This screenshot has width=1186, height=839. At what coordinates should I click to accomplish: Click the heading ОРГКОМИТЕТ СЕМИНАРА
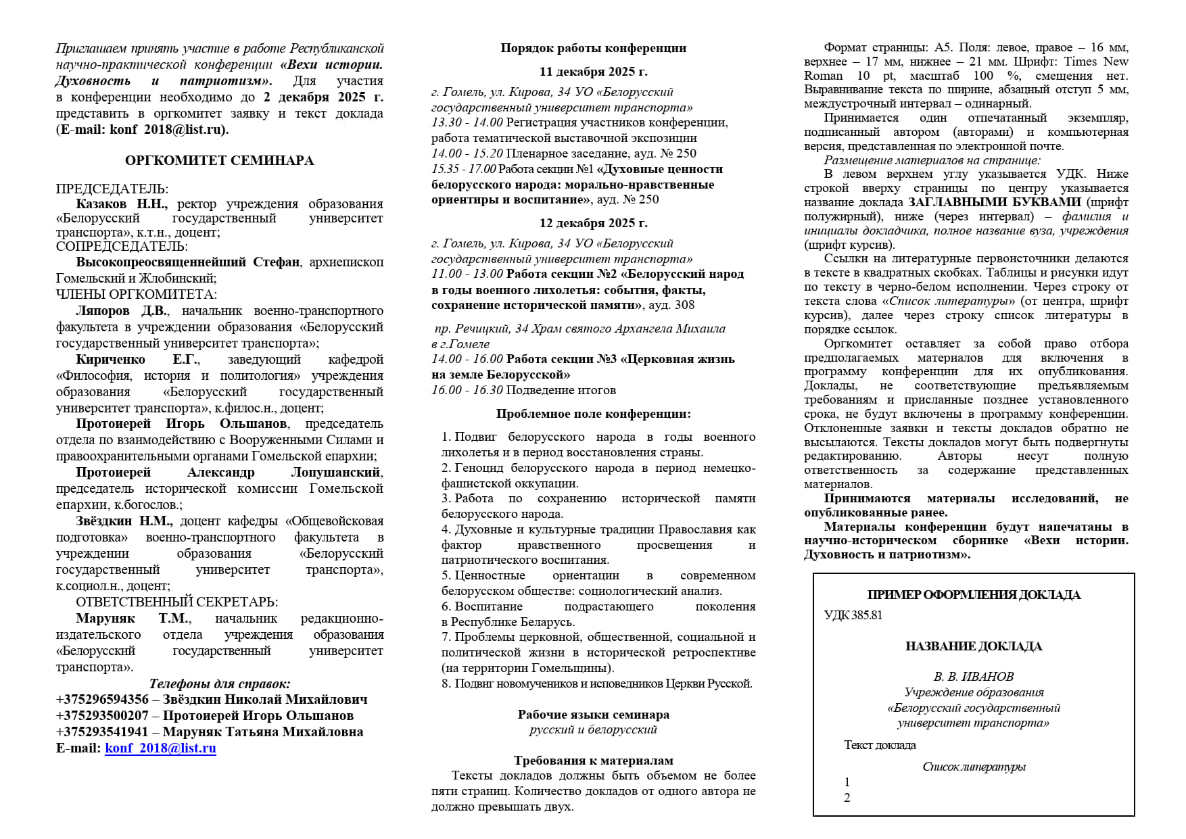click(219, 161)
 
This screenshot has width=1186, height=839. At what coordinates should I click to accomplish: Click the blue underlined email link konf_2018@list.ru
click(160, 748)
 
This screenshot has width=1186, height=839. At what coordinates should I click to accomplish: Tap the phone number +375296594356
click(102, 700)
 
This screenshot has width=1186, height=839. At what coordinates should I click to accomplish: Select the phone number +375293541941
click(102, 732)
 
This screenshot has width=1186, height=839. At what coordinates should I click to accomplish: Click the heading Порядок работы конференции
click(593, 48)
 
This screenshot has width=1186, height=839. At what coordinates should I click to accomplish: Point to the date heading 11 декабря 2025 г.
click(593, 72)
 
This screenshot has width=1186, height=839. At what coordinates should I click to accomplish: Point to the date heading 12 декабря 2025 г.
click(593, 223)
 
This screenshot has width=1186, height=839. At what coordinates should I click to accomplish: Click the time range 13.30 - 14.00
click(467, 123)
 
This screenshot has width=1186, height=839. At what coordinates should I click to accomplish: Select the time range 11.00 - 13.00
click(467, 274)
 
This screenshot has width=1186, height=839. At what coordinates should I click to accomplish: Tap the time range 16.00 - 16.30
click(467, 391)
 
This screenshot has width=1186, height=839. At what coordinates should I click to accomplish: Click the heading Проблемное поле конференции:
click(593, 414)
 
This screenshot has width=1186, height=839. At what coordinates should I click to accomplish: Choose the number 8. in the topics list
click(446, 684)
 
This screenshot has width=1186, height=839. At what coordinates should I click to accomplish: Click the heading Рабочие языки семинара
click(593, 715)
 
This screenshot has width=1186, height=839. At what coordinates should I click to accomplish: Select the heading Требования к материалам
click(593, 761)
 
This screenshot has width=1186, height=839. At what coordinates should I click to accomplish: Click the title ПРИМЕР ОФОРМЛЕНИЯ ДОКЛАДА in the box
click(974, 596)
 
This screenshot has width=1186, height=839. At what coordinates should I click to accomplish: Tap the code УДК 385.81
click(853, 615)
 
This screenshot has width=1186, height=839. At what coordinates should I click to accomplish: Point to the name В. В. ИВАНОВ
click(974, 677)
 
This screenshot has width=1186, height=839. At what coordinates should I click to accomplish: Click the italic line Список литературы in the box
click(974, 767)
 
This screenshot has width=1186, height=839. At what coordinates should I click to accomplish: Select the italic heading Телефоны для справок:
click(219, 684)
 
